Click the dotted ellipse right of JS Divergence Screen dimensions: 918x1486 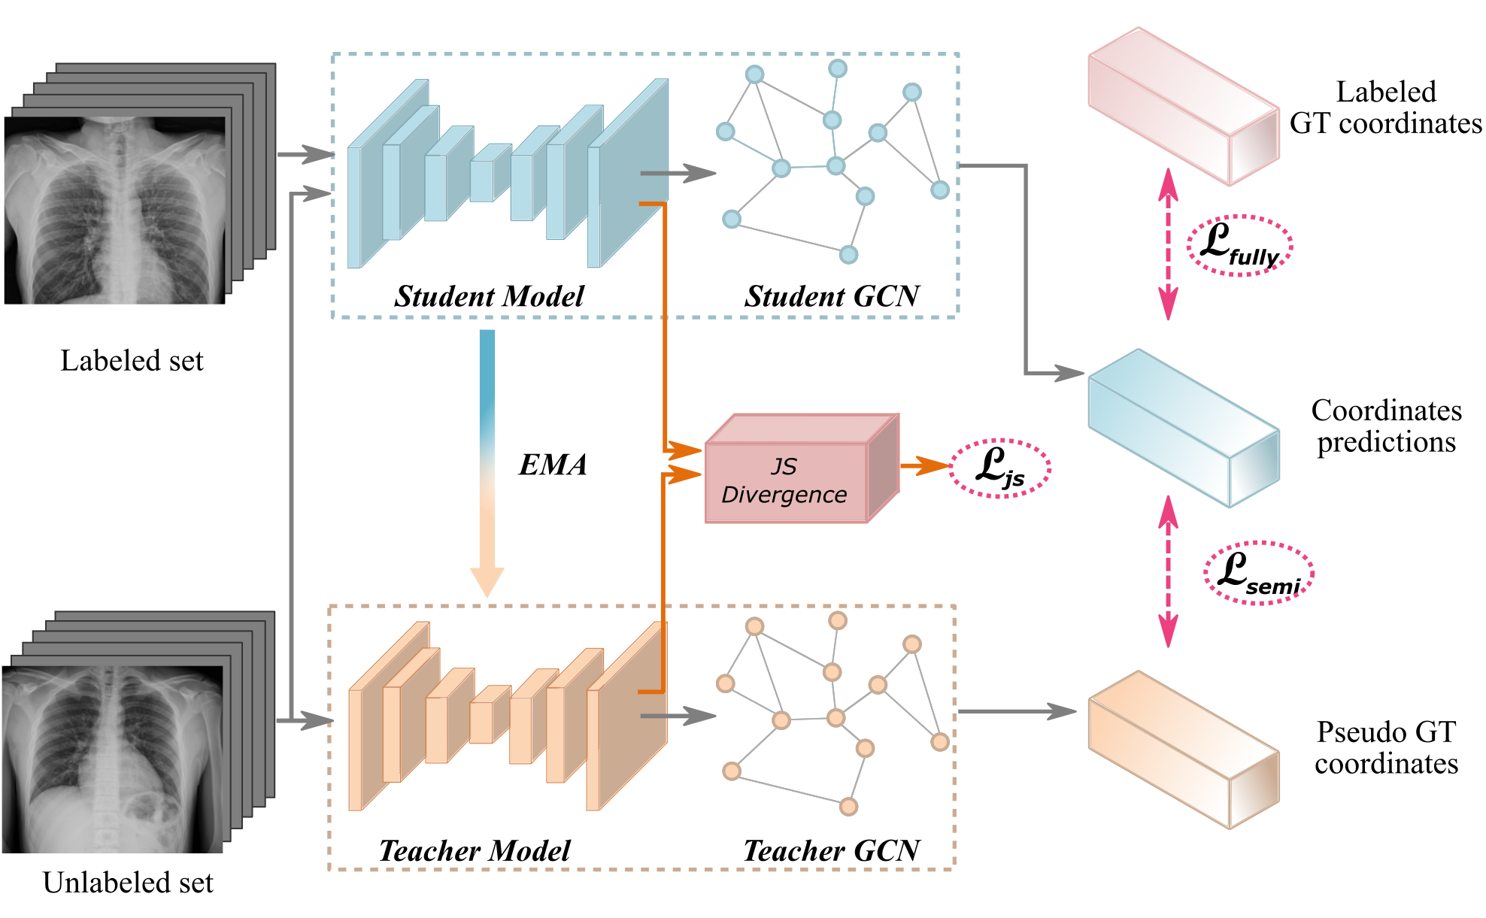(x=999, y=468)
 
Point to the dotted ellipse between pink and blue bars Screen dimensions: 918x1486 (x=1239, y=246)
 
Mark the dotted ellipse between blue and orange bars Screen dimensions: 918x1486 (x=1259, y=572)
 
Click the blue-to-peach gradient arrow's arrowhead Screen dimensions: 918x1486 (x=487, y=582)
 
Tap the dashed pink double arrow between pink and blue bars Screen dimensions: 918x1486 (x=1168, y=244)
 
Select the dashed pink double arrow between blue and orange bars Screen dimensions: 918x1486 (x=1168, y=571)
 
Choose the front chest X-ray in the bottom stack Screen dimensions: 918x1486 (x=113, y=759)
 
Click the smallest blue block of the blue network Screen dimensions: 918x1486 (x=482, y=180)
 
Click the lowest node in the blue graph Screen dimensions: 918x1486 (x=848, y=254)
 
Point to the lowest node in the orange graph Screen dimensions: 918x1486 (x=848, y=807)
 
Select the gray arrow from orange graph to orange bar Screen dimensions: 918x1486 (x=1015, y=711)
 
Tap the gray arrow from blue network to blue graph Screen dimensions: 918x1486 (x=677, y=173)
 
